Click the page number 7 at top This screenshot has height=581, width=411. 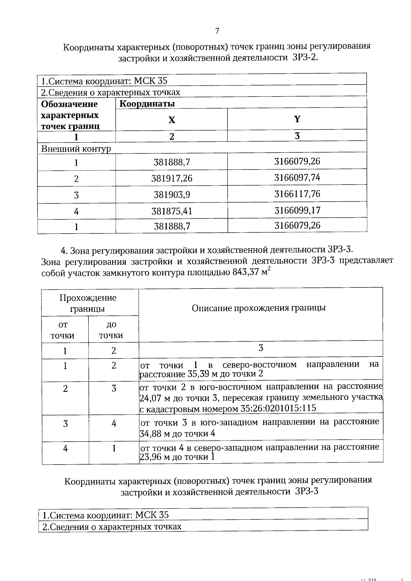[x=217, y=31]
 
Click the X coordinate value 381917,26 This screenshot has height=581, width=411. [x=172, y=178]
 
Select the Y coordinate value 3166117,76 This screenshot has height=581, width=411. [x=297, y=194]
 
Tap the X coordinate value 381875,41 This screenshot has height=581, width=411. [x=172, y=211]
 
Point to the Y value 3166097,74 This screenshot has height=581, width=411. [x=297, y=178]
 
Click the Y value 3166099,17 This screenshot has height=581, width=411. [x=297, y=210]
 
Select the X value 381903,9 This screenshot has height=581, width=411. [x=172, y=195]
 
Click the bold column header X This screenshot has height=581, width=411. [x=172, y=120]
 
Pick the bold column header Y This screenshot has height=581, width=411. [x=297, y=119]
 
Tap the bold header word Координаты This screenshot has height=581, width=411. [x=147, y=104]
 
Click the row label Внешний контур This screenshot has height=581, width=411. [x=76, y=149]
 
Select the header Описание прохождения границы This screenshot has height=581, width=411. [x=259, y=308]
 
